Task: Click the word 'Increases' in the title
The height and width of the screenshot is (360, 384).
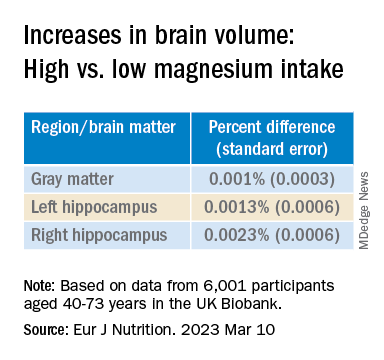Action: click(x=72, y=35)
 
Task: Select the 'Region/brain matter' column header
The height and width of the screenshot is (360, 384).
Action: click(x=103, y=127)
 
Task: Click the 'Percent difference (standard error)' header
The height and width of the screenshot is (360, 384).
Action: click(x=272, y=138)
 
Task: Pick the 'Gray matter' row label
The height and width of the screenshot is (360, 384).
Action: click(x=72, y=179)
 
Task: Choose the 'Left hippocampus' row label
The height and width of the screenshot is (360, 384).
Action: click(x=94, y=207)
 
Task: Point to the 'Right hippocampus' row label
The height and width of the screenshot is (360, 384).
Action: click(x=99, y=235)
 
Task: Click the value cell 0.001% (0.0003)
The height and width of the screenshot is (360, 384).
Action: click(x=272, y=179)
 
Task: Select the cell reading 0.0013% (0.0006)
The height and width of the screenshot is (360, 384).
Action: click(x=272, y=207)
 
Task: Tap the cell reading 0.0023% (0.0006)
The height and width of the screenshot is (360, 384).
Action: click(x=272, y=235)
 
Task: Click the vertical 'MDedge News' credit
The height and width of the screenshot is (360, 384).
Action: click(x=364, y=211)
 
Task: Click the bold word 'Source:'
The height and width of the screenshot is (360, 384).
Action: click(x=45, y=329)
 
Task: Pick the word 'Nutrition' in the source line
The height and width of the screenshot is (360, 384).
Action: click(x=141, y=329)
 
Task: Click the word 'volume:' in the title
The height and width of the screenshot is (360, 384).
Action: click(x=254, y=35)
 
